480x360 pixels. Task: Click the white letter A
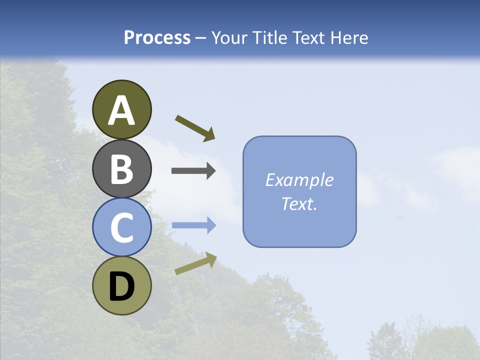click(x=122, y=111)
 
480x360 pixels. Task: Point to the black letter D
click(x=122, y=287)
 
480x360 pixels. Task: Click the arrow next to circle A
click(x=195, y=128)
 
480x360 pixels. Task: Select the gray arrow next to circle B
click(x=193, y=171)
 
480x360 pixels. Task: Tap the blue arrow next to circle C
click(x=193, y=225)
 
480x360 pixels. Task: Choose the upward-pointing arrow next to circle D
click(x=195, y=264)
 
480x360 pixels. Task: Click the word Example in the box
click(x=299, y=180)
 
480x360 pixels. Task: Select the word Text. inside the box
click(x=299, y=204)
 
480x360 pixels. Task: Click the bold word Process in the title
click(x=157, y=37)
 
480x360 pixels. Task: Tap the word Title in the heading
click(x=271, y=37)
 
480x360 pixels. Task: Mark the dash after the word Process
click(x=201, y=38)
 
